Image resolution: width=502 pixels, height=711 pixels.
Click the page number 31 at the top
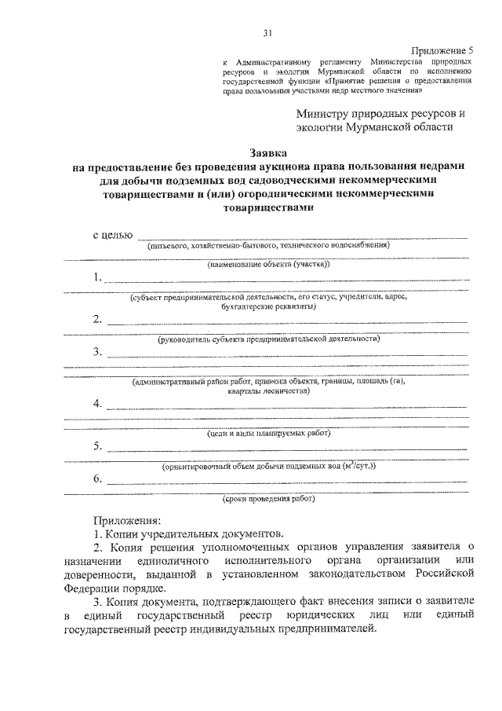(x=267, y=33)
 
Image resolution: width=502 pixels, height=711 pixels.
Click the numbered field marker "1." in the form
(x=98, y=277)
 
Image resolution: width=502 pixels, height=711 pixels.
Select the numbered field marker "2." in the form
(x=98, y=319)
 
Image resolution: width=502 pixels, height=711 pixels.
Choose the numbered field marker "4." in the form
(x=98, y=404)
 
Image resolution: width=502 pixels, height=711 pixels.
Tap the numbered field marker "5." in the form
(x=98, y=446)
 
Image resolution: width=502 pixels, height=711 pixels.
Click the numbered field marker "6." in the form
(x=98, y=478)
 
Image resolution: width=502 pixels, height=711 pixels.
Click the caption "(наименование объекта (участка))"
(x=269, y=266)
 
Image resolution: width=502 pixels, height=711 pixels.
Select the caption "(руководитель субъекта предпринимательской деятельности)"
(x=269, y=339)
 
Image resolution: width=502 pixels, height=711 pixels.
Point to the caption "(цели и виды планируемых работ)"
(x=269, y=434)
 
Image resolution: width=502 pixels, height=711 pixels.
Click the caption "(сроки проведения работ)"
(x=269, y=499)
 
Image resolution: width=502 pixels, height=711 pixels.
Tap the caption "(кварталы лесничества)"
(x=269, y=390)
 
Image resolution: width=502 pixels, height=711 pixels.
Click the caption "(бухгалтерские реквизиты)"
(x=269, y=307)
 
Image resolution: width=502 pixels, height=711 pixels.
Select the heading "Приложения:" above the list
(x=126, y=521)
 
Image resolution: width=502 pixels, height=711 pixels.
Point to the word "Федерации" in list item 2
(x=87, y=588)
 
